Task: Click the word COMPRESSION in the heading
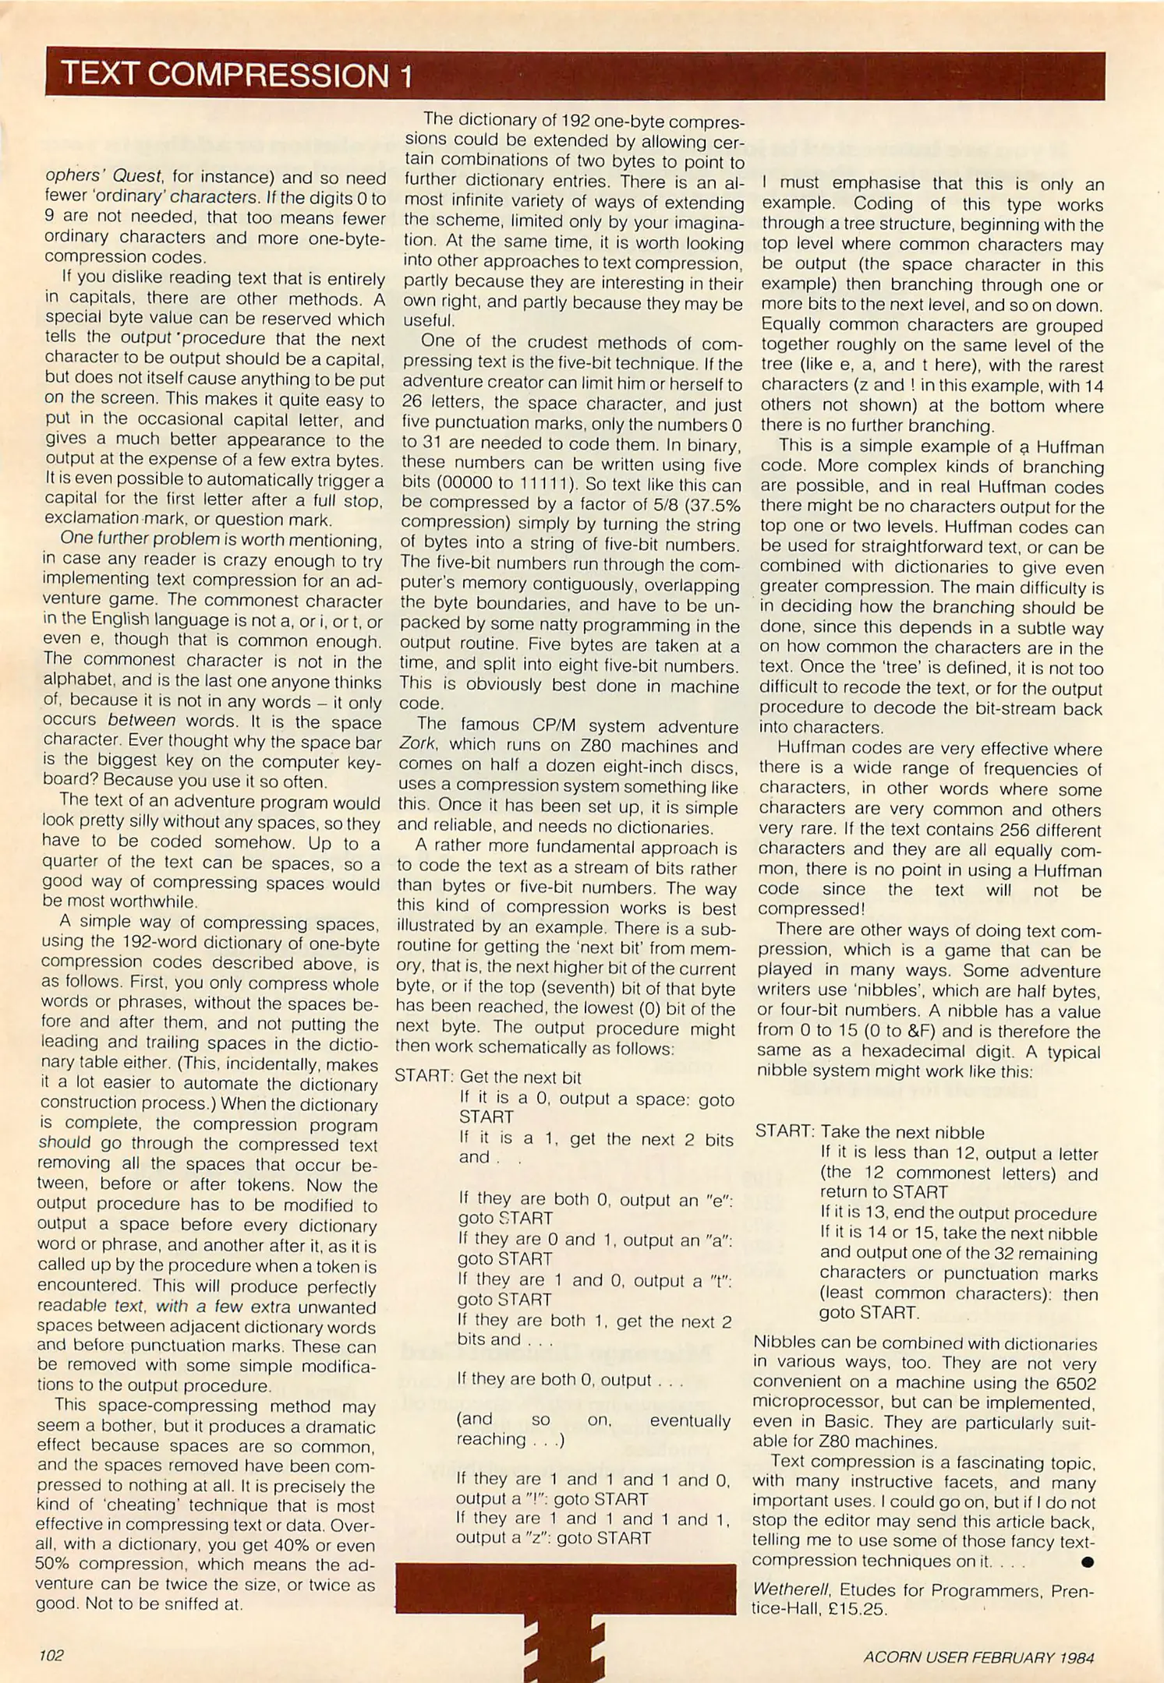[x=267, y=75]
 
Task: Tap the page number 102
[x=51, y=1655]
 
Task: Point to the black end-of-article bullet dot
[x=1088, y=1561]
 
